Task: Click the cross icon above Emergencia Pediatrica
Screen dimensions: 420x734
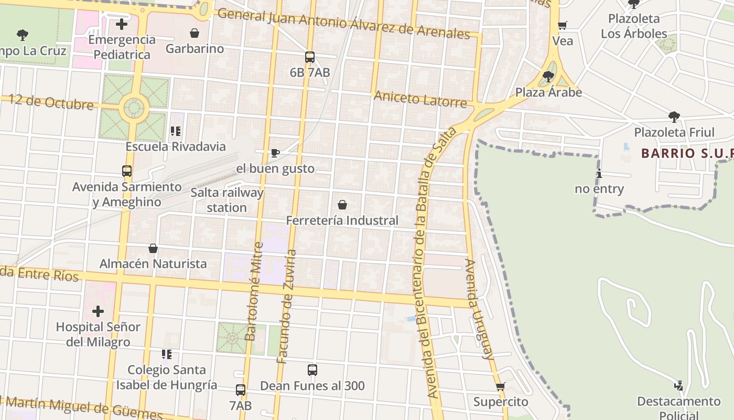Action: [x=122, y=24]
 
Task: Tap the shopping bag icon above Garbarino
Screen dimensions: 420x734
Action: [x=195, y=34]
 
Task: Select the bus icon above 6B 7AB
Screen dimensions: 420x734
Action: [x=310, y=57]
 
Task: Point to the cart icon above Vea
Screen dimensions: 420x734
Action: [x=563, y=26]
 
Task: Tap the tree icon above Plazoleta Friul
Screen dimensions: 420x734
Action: [x=674, y=117]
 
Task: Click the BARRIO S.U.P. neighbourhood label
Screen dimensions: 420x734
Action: [x=687, y=153]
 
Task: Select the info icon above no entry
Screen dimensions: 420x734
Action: [x=599, y=174]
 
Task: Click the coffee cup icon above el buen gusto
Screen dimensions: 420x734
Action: [x=275, y=153]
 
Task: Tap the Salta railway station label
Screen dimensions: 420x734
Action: [x=226, y=200]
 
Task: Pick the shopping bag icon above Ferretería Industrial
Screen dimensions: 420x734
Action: [x=342, y=205]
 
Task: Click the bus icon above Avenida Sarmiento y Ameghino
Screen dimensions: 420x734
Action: [x=127, y=171]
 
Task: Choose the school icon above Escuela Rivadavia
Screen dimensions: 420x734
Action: [x=176, y=131]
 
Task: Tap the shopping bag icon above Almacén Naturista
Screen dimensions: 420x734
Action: [x=153, y=248]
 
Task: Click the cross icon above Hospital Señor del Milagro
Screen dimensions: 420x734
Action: [x=98, y=311]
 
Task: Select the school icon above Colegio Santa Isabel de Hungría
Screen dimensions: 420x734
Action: [x=167, y=354]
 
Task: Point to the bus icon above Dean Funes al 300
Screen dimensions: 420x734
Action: [x=312, y=370]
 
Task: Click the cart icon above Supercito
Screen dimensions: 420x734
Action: [x=500, y=387]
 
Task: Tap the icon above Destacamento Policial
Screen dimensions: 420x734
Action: [x=678, y=386]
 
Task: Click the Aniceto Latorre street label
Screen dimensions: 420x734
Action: [x=420, y=99]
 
